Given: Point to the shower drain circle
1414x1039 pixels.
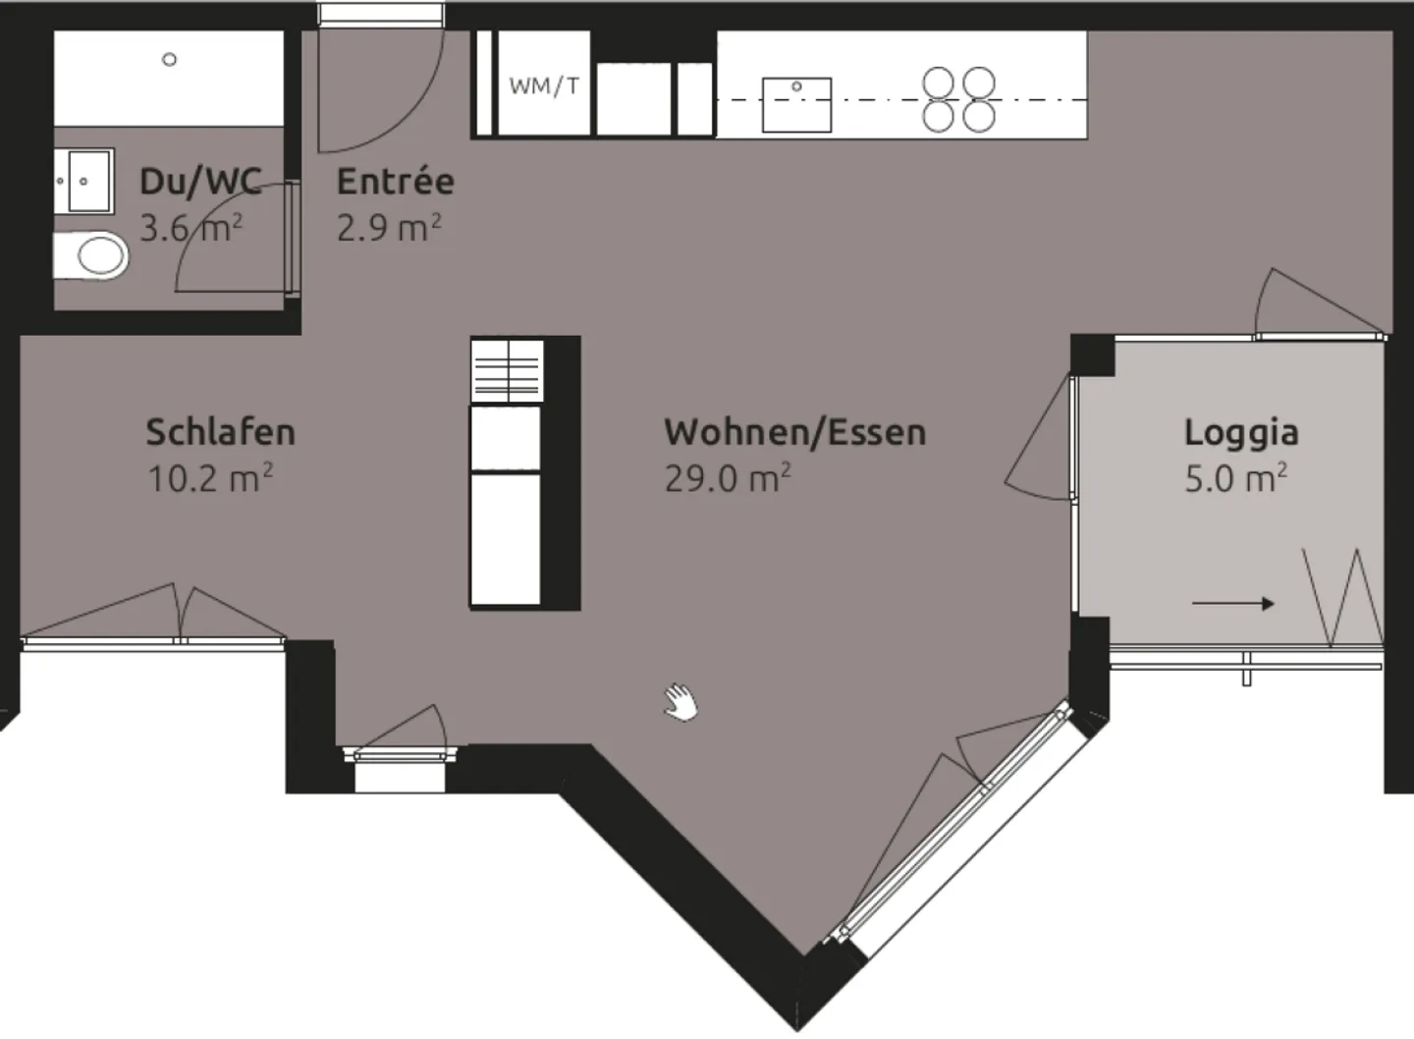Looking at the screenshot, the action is click(x=169, y=59).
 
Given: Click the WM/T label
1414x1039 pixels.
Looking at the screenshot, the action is click(x=544, y=85).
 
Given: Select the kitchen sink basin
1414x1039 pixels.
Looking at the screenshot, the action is click(x=796, y=105).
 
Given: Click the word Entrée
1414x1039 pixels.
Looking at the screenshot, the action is click(x=396, y=181).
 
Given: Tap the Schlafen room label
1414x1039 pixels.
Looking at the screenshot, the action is click(x=220, y=432).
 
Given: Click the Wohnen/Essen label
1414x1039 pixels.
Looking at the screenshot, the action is click(x=795, y=432).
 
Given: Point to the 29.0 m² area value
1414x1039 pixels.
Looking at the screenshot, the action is click(x=728, y=478).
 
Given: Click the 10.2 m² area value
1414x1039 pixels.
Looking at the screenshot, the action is click(x=210, y=478).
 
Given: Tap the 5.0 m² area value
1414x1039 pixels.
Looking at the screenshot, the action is click(x=1236, y=478).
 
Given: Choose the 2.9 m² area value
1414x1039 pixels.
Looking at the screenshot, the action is click(x=389, y=227).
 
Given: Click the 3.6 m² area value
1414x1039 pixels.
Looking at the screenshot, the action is click(x=191, y=227).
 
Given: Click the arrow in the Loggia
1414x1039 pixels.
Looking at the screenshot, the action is click(x=1233, y=603).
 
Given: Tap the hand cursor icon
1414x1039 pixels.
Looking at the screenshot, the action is click(x=681, y=701).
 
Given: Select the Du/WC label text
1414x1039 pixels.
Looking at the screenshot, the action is click(x=200, y=181).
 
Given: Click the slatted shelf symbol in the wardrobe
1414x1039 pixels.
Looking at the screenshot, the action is click(x=507, y=371).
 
